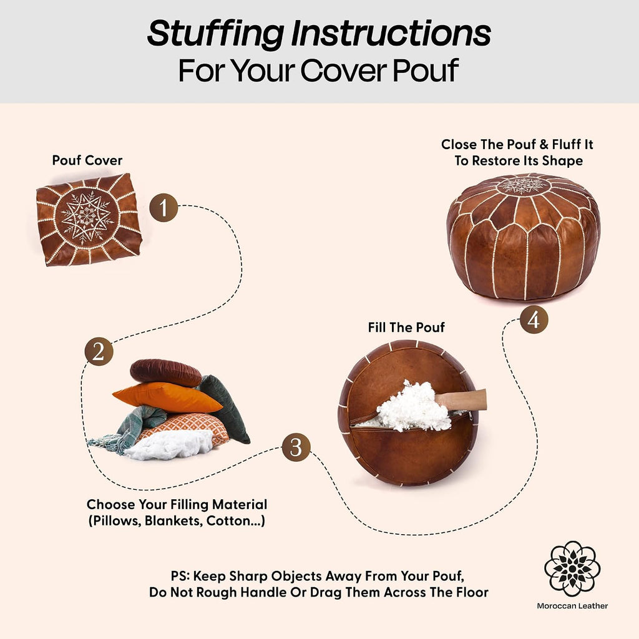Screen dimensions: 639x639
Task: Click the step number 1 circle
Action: [163, 207]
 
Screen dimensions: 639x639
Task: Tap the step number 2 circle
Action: [99, 351]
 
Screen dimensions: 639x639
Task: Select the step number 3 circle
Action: [296, 447]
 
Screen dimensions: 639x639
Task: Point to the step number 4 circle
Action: [534, 319]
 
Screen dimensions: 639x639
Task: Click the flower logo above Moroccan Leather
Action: [572, 568]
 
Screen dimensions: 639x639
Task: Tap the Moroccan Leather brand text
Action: [572, 606]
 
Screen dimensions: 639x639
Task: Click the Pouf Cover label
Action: [87, 160]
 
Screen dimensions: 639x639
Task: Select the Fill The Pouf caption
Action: [406, 327]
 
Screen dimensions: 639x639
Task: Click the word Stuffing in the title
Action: [215, 34]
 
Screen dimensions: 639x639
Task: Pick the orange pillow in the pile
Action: [167, 396]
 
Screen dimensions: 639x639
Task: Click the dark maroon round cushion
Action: [165, 372]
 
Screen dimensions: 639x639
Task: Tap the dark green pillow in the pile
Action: [225, 407]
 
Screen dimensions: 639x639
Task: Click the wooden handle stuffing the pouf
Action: [461, 400]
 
